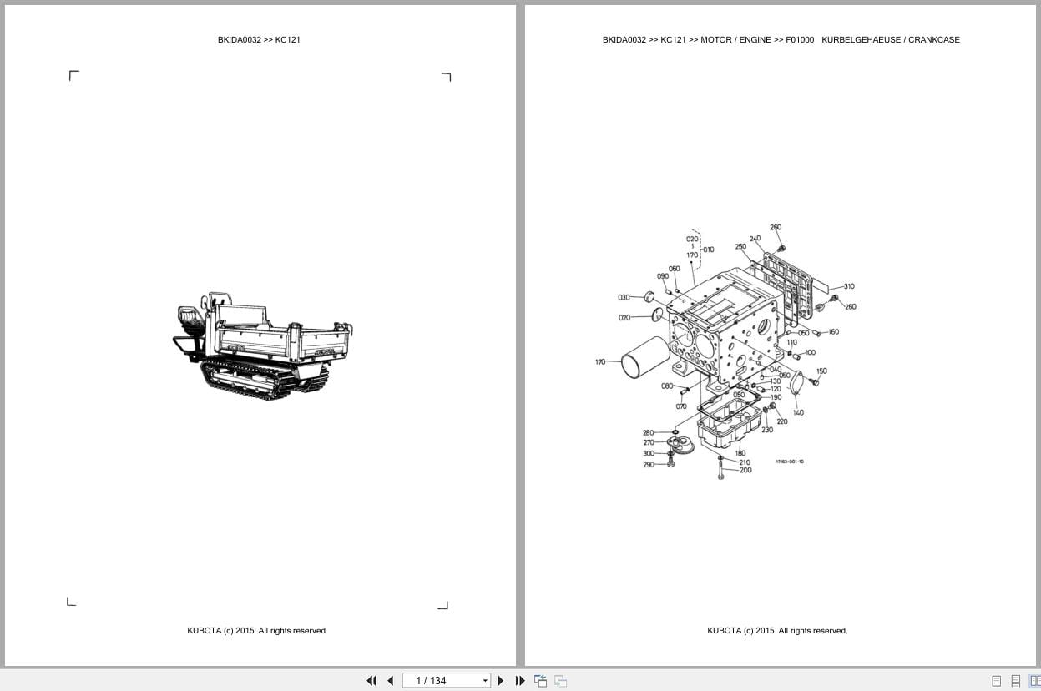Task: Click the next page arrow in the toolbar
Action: click(x=501, y=681)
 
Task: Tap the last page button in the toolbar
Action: click(x=520, y=681)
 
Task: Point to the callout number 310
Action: click(x=848, y=286)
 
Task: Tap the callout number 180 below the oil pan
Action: click(x=740, y=453)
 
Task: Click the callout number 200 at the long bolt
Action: click(x=745, y=470)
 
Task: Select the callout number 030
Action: click(x=624, y=297)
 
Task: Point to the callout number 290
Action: click(x=649, y=465)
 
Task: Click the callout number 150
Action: click(x=821, y=371)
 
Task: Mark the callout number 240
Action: click(x=755, y=239)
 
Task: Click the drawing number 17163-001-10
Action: click(x=790, y=462)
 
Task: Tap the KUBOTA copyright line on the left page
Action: click(x=257, y=631)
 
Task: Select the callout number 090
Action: click(x=663, y=276)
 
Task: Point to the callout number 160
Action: click(x=833, y=332)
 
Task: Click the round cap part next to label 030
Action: click(x=648, y=295)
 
